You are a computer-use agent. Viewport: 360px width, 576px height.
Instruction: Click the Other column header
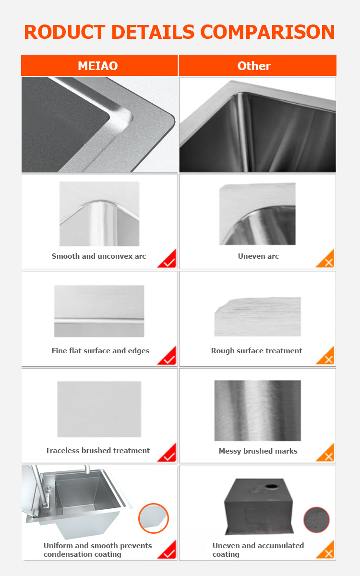(x=258, y=65)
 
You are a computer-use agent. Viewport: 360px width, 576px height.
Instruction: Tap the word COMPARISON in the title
(x=267, y=32)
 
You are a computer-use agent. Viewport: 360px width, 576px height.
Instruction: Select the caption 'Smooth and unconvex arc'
(x=99, y=256)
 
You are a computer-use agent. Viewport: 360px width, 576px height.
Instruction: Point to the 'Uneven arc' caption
(x=258, y=256)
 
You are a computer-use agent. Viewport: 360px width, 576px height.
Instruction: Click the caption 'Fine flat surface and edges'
(x=100, y=351)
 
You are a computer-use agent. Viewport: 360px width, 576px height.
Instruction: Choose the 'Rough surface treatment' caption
(x=257, y=351)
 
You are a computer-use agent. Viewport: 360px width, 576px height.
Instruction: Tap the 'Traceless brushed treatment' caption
(x=98, y=451)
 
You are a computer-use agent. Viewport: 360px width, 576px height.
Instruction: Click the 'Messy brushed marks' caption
(x=258, y=451)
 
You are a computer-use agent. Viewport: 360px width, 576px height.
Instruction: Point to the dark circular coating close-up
(x=316, y=520)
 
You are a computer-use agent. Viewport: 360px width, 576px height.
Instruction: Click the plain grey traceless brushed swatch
(x=99, y=409)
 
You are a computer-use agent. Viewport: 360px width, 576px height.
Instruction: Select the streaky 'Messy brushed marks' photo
(x=258, y=411)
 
